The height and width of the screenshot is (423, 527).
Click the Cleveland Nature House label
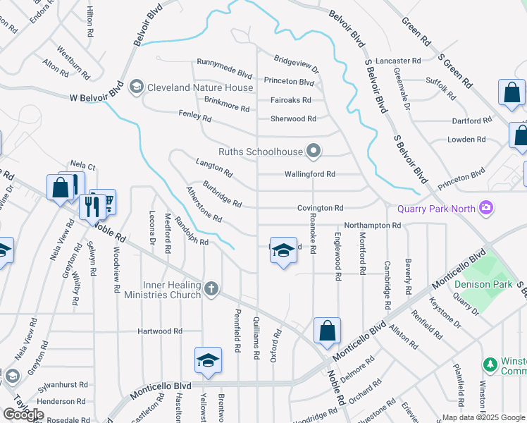[200, 87]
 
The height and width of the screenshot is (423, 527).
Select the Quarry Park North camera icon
[485, 208]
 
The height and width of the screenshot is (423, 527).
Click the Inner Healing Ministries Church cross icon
[211, 288]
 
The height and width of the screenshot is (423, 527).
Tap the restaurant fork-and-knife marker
[92, 206]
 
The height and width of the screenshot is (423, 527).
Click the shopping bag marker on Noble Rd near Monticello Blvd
[328, 331]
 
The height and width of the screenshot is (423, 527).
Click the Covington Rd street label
[320, 208]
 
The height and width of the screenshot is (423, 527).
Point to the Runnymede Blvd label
[224, 73]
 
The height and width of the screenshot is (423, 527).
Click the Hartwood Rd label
[159, 331]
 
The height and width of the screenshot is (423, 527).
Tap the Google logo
[23, 415]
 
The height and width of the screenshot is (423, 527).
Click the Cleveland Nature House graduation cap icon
[137, 87]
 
